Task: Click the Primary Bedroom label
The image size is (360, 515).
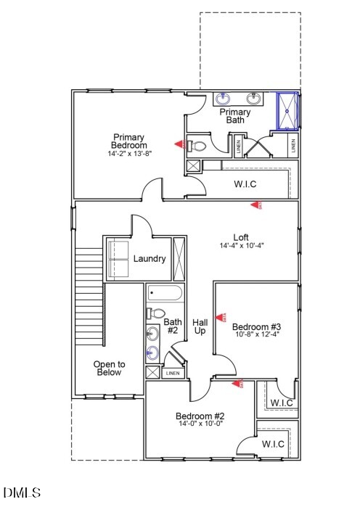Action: [x=128, y=141]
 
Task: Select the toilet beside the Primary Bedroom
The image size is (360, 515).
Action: [x=197, y=146]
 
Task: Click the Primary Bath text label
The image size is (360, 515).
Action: [x=235, y=116]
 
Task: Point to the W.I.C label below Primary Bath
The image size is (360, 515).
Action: [x=245, y=184]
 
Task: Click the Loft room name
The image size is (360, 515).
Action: [x=241, y=237]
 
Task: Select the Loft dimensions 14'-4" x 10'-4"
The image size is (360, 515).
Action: [x=241, y=246]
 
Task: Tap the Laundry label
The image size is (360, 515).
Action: [x=150, y=259]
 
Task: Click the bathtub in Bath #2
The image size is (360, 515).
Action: [x=165, y=294]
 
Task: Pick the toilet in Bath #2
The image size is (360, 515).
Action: [x=155, y=313]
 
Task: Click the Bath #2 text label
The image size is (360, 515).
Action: [x=172, y=326]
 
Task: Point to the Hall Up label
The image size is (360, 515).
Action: [x=200, y=326]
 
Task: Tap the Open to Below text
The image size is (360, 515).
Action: [x=109, y=368]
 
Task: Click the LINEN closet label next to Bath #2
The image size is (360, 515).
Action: [x=172, y=374]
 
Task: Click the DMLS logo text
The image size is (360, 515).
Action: [x=22, y=493]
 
